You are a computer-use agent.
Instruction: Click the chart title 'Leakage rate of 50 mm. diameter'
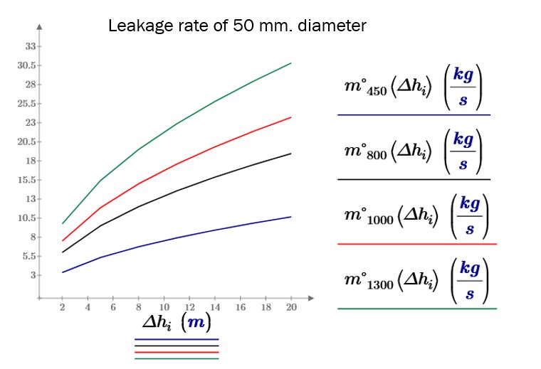[x=237, y=27]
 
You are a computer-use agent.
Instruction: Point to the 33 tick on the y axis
[x=30, y=46]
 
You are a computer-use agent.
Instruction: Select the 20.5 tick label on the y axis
[x=27, y=141]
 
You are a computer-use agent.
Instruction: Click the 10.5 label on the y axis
[x=27, y=218]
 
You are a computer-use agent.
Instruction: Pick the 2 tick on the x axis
[x=62, y=307]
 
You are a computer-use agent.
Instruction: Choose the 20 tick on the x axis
[x=291, y=307]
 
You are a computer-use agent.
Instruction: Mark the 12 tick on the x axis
[x=189, y=307]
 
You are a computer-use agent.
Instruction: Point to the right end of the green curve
[x=291, y=63]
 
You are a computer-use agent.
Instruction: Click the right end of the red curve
[x=291, y=117]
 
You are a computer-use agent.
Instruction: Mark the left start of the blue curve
[x=62, y=272]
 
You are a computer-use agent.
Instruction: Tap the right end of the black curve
[x=291, y=154]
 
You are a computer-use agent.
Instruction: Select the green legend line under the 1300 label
[x=416, y=309]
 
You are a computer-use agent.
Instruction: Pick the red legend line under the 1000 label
[x=416, y=244]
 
